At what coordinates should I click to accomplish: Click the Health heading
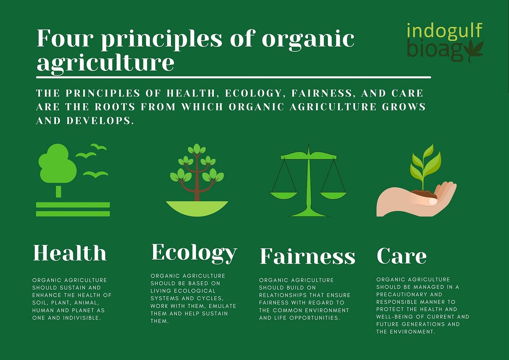tap(70, 253)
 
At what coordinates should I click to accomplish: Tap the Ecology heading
tap(194, 253)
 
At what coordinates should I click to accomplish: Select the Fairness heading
tap(307, 256)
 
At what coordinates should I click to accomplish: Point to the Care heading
tap(401, 256)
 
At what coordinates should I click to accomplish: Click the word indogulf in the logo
tap(444, 31)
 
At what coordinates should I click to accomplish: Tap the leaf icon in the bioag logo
tap(473, 51)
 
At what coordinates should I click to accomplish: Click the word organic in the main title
tap(308, 39)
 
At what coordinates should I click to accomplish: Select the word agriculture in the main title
tap(105, 63)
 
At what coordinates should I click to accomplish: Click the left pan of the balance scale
tap(284, 195)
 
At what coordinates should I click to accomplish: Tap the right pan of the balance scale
tap(333, 195)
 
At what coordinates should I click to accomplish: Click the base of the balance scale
tap(308, 213)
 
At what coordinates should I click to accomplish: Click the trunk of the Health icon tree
tap(59, 191)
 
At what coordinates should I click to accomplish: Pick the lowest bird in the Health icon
tap(96, 174)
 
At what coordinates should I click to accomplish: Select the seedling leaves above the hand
tap(425, 163)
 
